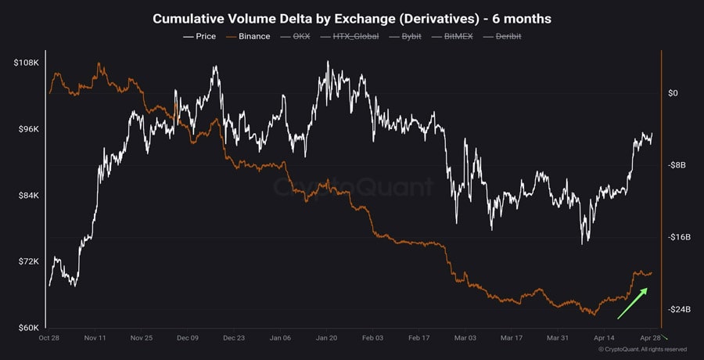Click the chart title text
click(352, 18)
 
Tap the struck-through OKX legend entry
click(298, 36)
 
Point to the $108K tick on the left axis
click(27, 63)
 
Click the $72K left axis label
click(28, 261)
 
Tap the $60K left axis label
click(28, 327)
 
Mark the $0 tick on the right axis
click(673, 93)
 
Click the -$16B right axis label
click(678, 237)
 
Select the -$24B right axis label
click(678, 310)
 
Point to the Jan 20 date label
click(326, 338)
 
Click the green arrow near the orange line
click(632, 304)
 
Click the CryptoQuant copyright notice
click(642, 349)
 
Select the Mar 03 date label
click(465, 338)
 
